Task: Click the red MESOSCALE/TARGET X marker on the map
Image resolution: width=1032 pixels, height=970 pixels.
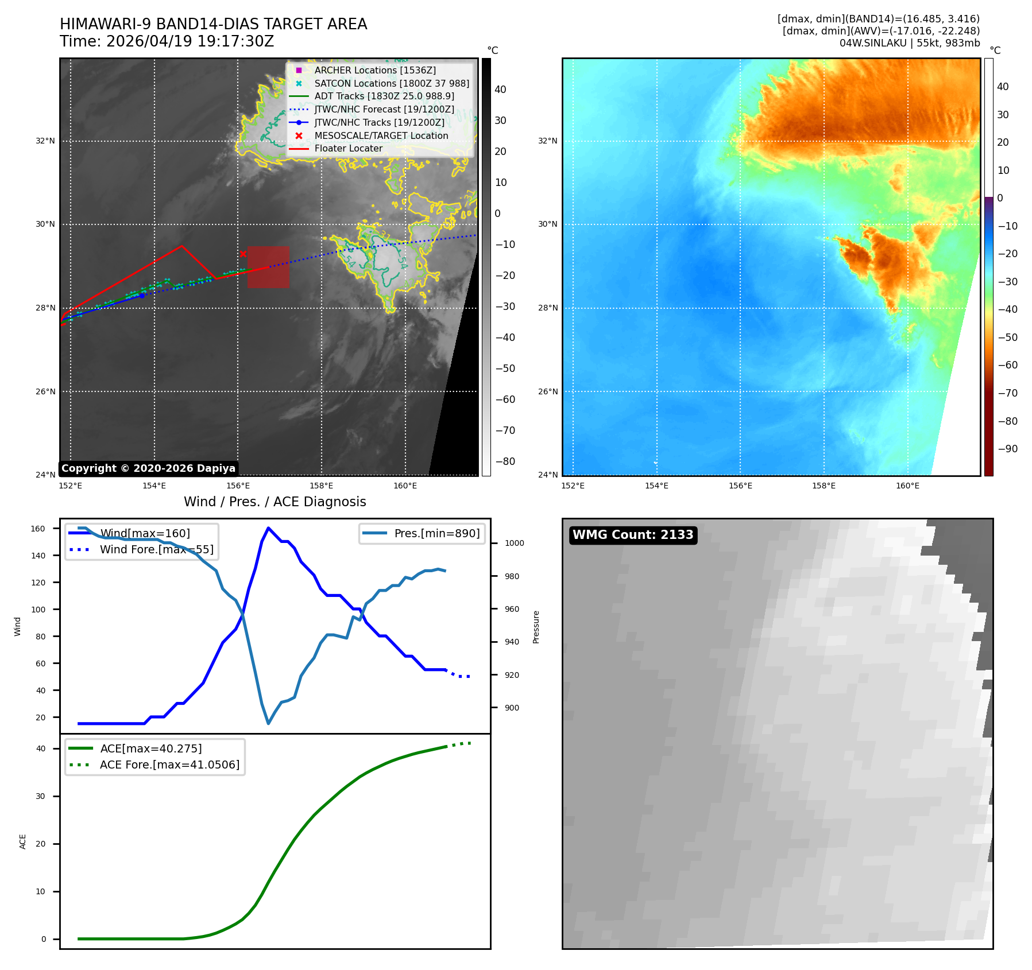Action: click(x=243, y=254)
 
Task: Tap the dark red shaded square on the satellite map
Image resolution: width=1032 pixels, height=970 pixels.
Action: click(x=268, y=267)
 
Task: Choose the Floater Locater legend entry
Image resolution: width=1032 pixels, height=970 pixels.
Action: click(x=336, y=149)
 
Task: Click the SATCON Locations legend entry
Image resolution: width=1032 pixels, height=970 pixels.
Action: click(x=381, y=83)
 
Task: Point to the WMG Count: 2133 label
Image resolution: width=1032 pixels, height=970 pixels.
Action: click(x=633, y=535)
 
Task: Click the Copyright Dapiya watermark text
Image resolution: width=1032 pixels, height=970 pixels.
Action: click(x=148, y=468)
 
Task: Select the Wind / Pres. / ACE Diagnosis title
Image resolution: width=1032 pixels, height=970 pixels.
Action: click(x=275, y=502)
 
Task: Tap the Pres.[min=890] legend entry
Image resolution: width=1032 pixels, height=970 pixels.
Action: click(x=422, y=533)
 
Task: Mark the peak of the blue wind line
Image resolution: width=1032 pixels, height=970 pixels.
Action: click(x=268, y=528)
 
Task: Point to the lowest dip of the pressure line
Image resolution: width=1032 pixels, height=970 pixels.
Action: click(x=268, y=723)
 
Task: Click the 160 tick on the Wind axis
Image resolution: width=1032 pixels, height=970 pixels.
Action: click(x=38, y=529)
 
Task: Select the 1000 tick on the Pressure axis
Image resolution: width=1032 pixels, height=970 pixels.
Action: click(x=515, y=543)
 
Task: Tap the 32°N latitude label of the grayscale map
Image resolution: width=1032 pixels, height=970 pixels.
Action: click(x=45, y=141)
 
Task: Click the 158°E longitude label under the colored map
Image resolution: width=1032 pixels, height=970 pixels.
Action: click(x=824, y=486)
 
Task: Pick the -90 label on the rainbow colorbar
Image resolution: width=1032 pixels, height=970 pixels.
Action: click(x=1008, y=449)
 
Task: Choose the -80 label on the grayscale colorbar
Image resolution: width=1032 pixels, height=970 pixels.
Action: click(x=505, y=461)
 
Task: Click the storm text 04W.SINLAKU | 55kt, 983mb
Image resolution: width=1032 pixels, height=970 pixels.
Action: click(x=910, y=43)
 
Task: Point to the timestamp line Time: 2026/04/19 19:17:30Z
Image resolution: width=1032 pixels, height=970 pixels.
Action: click(x=167, y=41)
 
